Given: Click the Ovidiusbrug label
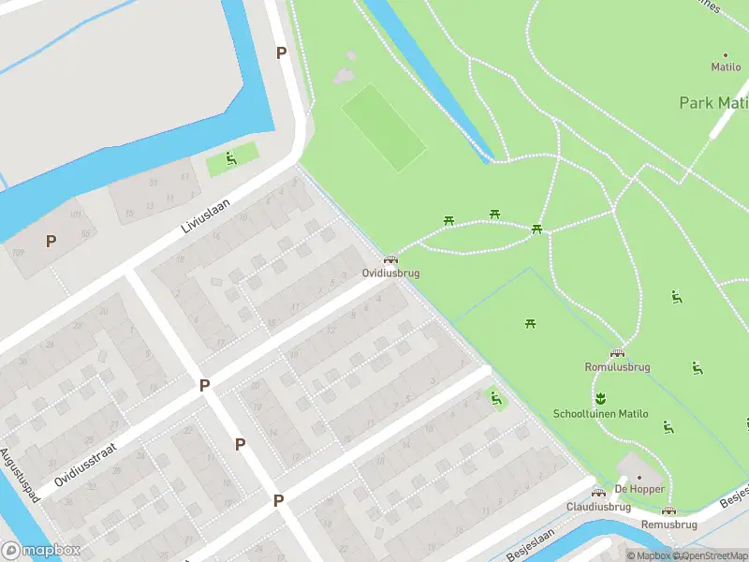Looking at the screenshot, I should pos(390,274).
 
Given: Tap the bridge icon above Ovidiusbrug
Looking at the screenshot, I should pos(390,259).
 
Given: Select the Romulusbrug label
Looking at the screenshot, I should pos(617,367).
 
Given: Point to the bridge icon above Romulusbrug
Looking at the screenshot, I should pos(617,353).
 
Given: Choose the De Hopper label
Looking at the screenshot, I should pos(639,489).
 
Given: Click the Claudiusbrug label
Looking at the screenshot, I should pos(598,507).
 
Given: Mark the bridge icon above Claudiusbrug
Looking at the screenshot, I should pos(598,493).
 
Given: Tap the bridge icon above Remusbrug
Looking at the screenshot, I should pos(668,510).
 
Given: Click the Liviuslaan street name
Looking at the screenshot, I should pos(206,214).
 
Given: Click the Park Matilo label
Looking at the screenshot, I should pos(712,103).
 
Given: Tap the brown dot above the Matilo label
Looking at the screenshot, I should pos(725,55).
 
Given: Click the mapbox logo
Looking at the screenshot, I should pos(41,551).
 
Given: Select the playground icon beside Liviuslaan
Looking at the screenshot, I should pos(230,158).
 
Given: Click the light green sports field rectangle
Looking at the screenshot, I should pos(383,127).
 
